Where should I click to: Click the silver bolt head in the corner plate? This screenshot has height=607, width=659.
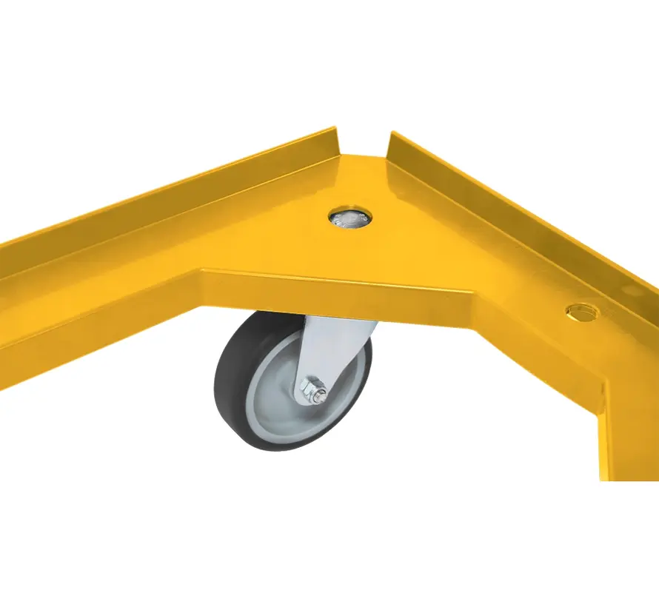(x=349, y=217)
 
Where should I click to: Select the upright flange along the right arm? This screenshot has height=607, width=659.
(x=518, y=207)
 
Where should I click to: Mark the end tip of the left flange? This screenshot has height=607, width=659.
(x=335, y=133)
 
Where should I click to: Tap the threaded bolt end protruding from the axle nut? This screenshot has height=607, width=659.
(x=322, y=396)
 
